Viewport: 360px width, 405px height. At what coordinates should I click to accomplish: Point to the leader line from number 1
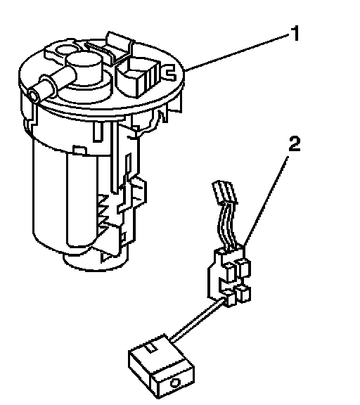click(238, 52)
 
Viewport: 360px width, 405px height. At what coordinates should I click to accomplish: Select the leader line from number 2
click(265, 201)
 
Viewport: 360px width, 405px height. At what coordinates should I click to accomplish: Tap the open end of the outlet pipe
click(34, 96)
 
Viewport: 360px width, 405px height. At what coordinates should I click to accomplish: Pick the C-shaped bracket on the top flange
click(170, 72)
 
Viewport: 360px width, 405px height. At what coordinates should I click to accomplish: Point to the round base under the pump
click(96, 262)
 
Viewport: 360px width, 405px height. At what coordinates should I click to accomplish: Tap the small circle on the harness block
click(175, 382)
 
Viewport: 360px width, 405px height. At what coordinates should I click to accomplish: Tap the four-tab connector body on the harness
click(229, 276)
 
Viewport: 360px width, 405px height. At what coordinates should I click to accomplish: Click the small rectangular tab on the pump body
click(79, 151)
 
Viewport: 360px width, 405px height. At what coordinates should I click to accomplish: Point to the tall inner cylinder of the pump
click(82, 201)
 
